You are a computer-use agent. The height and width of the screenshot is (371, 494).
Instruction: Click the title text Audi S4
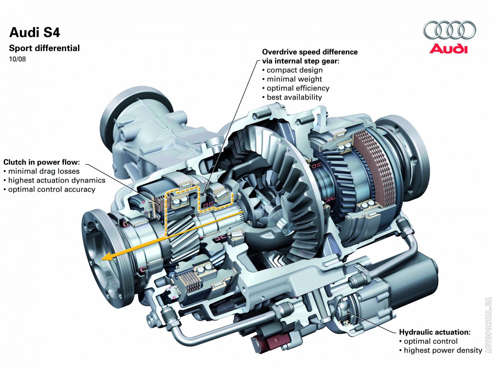[35, 32]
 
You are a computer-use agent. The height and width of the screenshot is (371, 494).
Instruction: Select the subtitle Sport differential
[44, 48]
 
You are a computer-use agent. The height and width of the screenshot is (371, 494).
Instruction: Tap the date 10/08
[17, 59]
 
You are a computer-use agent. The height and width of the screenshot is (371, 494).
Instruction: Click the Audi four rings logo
[449, 30]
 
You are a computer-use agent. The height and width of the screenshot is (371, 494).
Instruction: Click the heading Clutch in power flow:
[42, 162]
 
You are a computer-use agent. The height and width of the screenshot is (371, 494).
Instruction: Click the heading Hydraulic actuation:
[435, 332]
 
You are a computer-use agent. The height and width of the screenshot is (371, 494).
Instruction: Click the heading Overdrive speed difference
[310, 52]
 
